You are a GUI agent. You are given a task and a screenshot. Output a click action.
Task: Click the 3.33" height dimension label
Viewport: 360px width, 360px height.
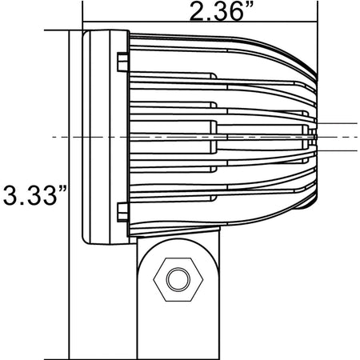click(34, 195)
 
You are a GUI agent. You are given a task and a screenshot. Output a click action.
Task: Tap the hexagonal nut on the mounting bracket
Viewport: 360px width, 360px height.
click(178, 279)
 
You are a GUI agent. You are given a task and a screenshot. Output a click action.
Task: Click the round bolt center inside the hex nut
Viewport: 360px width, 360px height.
click(178, 279)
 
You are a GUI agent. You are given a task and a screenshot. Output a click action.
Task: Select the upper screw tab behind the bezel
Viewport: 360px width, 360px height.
click(123, 62)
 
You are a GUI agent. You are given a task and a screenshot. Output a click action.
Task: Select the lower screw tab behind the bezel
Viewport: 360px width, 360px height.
click(123, 212)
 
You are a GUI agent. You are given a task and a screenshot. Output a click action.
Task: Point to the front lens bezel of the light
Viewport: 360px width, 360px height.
click(106, 137)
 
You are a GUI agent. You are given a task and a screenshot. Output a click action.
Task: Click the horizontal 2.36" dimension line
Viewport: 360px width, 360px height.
click(200, 22)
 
